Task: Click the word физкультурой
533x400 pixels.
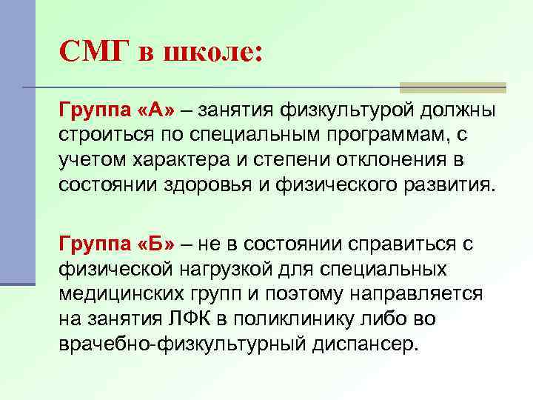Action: [x=341, y=112]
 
